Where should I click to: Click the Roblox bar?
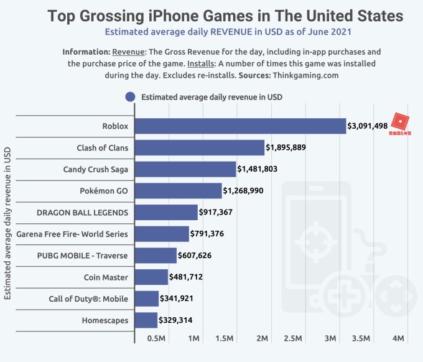pyautogui.click(x=240, y=126)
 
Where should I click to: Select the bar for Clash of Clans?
pyautogui.click(x=200, y=147)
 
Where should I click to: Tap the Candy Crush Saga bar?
pyautogui.click(x=185, y=169)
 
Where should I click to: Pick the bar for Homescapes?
pyautogui.click(x=146, y=320)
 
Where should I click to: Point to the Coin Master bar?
pyautogui.click(x=151, y=277)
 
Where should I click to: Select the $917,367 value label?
pyautogui.click(x=216, y=213)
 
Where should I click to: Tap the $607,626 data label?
pyautogui.click(x=195, y=256)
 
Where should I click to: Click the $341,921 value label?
pyautogui.click(x=177, y=299)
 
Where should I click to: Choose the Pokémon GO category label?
pyautogui.click(x=105, y=191)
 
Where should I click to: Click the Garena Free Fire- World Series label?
pyautogui.click(x=83, y=234)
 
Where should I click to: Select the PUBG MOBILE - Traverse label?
pyautogui.click(x=91, y=256)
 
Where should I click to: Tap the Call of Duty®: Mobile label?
pyautogui.click(x=88, y=299)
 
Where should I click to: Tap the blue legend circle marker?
pyautogui.click(x=131, y=97)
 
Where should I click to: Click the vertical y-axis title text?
pyautogui.click(x=8, y=223)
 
